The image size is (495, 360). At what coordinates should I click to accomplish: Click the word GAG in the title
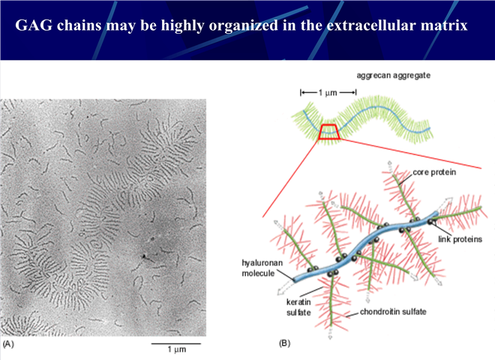34,25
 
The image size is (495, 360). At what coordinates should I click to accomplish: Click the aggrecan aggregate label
393,76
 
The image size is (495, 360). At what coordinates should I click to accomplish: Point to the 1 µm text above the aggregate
328,92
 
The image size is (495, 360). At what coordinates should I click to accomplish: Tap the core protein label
434,172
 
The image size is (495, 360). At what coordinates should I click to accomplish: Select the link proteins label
460,239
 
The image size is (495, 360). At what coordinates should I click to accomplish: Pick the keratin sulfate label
298,307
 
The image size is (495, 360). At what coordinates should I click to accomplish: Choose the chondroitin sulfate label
393,312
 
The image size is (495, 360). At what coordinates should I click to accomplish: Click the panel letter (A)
8,344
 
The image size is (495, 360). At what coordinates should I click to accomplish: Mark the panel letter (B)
284,343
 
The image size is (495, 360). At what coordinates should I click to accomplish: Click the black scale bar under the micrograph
175,343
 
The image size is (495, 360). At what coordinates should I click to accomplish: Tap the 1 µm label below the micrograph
177,349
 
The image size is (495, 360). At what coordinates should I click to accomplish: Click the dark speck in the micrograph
144,256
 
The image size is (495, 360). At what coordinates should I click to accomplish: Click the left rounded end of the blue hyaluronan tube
295,280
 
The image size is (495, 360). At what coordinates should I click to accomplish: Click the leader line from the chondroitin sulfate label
352,314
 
